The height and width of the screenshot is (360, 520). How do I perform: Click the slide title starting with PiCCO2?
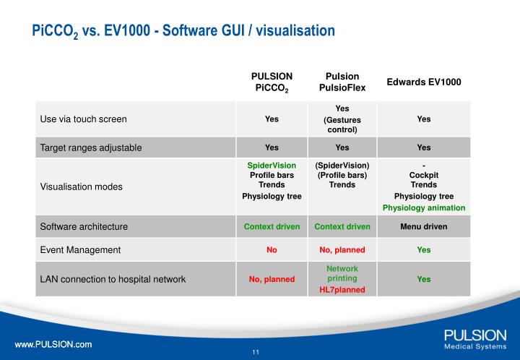(183, 31)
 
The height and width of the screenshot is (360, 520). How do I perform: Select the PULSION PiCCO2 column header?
(272, 82)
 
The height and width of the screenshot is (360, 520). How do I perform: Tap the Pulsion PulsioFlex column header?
(342, 82)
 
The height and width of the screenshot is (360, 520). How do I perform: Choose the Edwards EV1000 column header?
(424, 82)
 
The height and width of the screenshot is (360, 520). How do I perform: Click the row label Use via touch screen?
(89, 119)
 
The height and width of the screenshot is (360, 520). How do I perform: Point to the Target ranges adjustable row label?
(90, 147)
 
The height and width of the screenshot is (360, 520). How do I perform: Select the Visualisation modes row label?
(81, 186)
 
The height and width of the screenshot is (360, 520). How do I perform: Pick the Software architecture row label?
(84, 226)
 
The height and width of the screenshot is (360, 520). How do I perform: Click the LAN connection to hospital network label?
(113, 279)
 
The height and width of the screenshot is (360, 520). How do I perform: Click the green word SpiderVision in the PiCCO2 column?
(272, 166)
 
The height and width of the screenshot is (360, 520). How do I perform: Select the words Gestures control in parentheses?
(342, 124)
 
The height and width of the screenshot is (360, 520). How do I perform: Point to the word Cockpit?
(424, 175)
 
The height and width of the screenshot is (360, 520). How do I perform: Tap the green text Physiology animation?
(424, 207)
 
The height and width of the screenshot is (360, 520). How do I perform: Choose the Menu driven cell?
(424, 226)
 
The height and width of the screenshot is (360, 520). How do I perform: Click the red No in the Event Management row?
(272, 250)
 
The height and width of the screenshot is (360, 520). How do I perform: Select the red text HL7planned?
(342, 289)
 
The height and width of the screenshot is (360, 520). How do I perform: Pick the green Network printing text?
(342, 273)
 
